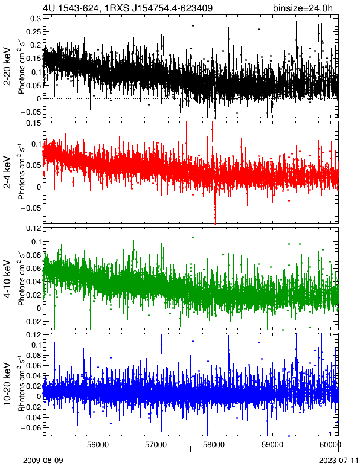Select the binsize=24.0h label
click(x=303, y=8)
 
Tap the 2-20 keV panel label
click(x=7, y=66)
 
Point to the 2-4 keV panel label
click(x=7, y=173)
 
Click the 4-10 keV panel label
click(x=7, y=279)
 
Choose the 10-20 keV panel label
click(x=7, y=384)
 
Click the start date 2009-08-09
click(x=43, y=461)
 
